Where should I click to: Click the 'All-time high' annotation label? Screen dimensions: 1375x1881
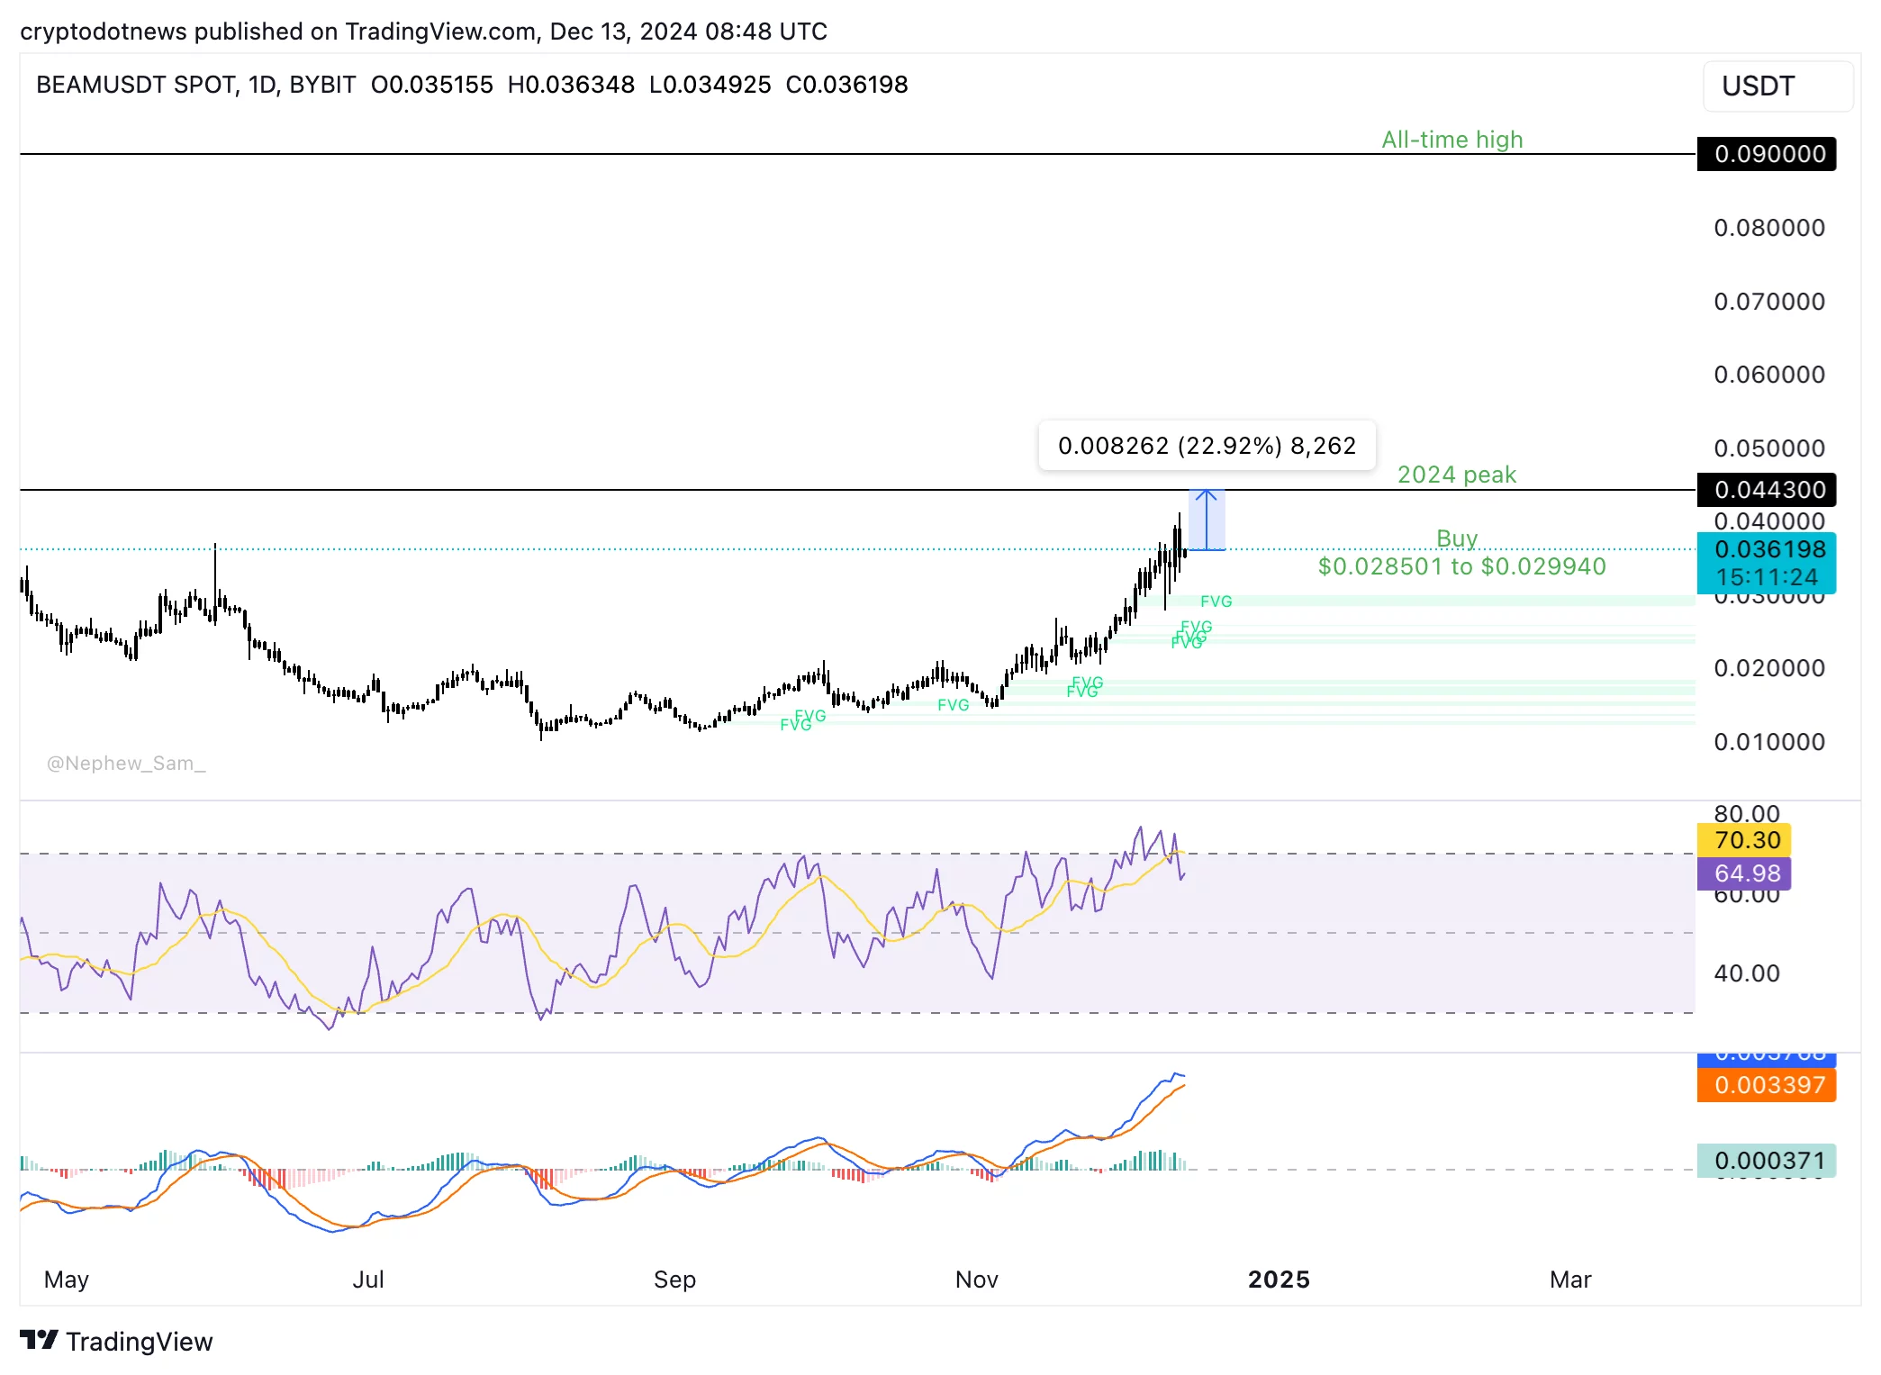coord(1451,140)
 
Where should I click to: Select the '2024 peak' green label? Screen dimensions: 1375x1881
coord(1456,475)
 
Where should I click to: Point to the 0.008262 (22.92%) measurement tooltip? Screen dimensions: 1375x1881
coord(1206,446)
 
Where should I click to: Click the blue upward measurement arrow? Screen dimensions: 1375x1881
coord(1206,520)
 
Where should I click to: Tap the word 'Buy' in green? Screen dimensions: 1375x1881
coord(1456,538)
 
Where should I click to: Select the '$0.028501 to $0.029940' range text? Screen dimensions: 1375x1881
coord(1461,566)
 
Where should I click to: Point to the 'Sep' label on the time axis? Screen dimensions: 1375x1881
coord(674,1280)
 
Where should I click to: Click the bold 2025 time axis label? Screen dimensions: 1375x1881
coord(1279,1280)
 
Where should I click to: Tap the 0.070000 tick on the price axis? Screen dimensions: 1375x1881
coord(1768,302)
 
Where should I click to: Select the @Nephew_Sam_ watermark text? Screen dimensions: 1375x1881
coord(126,764)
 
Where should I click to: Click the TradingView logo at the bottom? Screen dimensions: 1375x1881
coord(117,1342)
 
